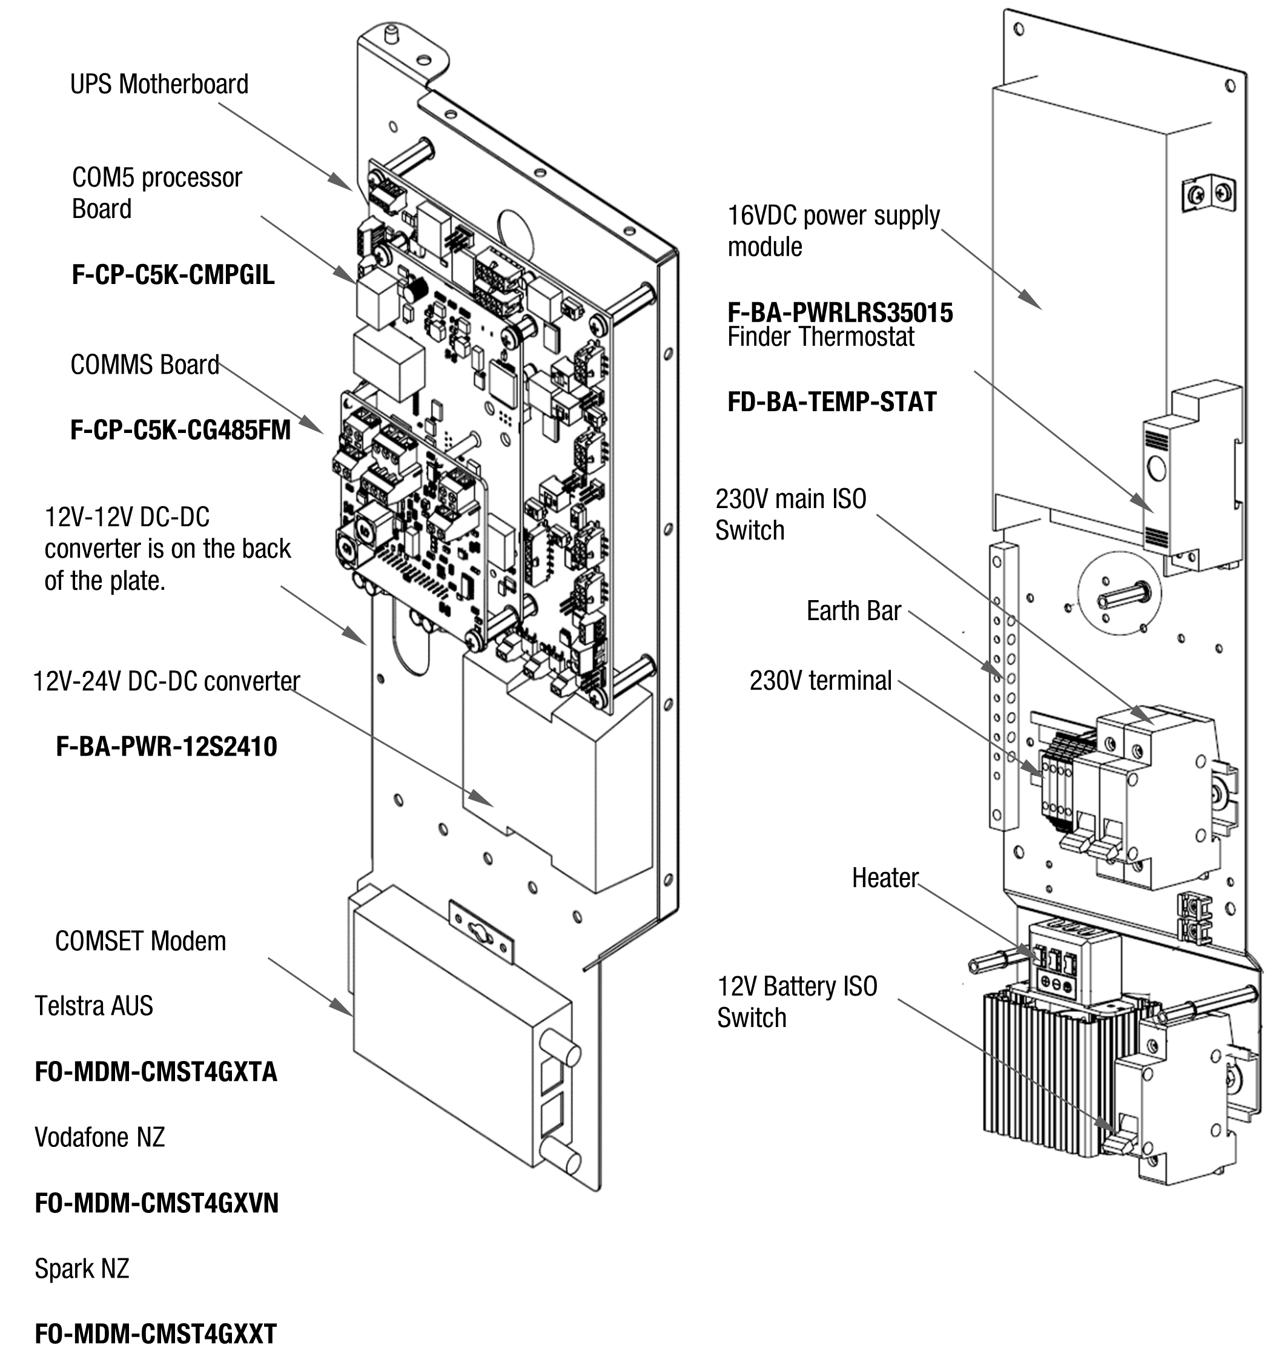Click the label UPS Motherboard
[159, 84]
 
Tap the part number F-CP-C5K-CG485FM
[180, 430]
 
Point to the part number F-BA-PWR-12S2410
[167, 746]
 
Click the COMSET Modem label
[141, 940]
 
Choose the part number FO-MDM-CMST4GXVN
[156, 1203]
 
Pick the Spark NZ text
[82, 1268]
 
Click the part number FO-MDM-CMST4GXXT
[156, 1334]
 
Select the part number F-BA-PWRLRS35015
[841, 313]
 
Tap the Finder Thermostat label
[821, 337]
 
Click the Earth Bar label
[853, 610]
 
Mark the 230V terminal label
[821, 680]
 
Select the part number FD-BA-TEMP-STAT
[832, 401]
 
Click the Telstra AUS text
[94, 1006]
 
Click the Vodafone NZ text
[100, 1137]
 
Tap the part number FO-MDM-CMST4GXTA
[156, 1071]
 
